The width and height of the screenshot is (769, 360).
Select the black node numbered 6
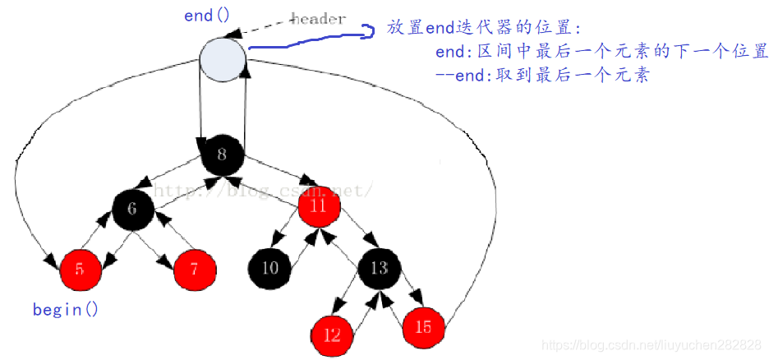pos(135,210)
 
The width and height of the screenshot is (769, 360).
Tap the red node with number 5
pos(81,268)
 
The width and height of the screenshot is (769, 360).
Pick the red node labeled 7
pos(195,268)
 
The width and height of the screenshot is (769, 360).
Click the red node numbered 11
pos(319,205)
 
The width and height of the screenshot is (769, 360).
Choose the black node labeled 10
pos(269,268)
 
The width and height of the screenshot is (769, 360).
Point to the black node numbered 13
pos(379,268)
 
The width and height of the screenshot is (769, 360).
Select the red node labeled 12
pos(332,335)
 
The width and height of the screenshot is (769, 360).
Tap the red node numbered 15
pos(423,327)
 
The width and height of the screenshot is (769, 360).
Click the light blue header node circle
pos(223,61)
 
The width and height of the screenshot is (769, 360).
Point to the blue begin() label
pos(65,310)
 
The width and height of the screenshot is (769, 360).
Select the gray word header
pos(318,19)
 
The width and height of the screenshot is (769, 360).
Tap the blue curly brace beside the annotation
pos(369,30)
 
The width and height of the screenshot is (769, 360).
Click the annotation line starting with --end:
pos(542,75)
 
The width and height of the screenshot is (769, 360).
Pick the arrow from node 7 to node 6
pos(174,233)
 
